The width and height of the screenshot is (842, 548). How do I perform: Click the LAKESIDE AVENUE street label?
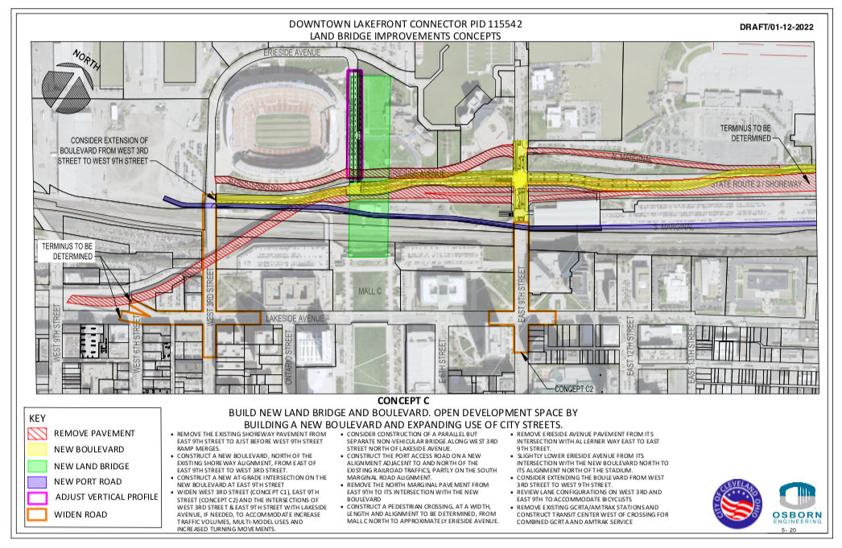295,319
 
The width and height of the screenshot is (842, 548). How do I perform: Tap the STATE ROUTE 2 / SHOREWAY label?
754,185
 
